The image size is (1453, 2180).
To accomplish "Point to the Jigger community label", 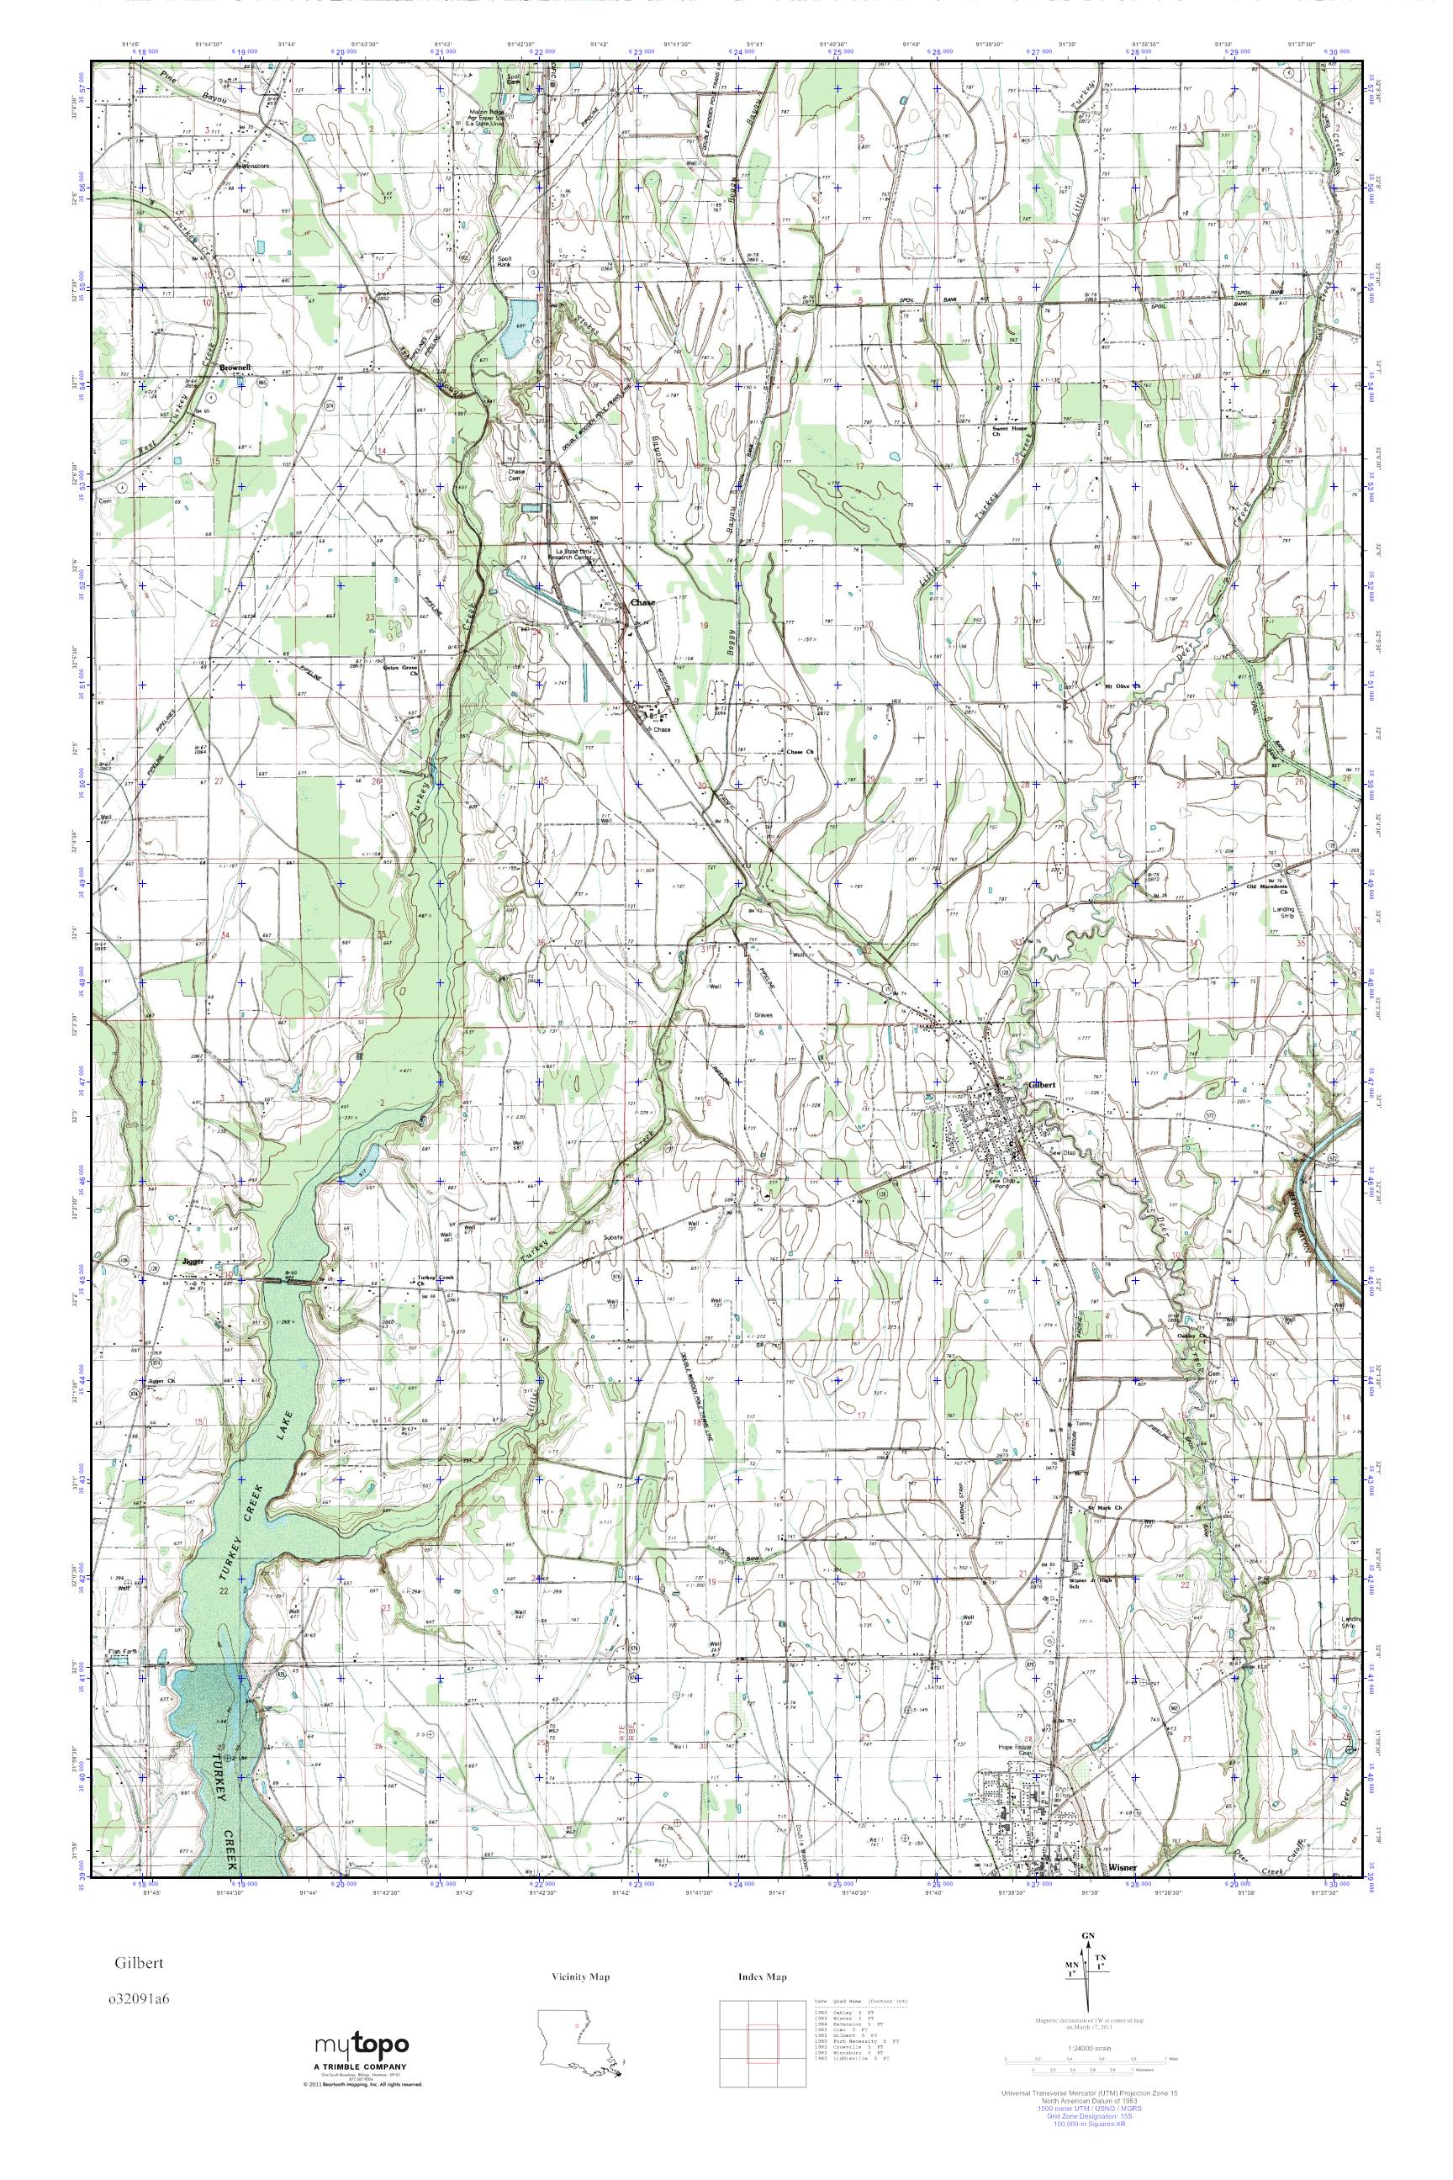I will pyautogui.click(x=192, y=1262).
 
